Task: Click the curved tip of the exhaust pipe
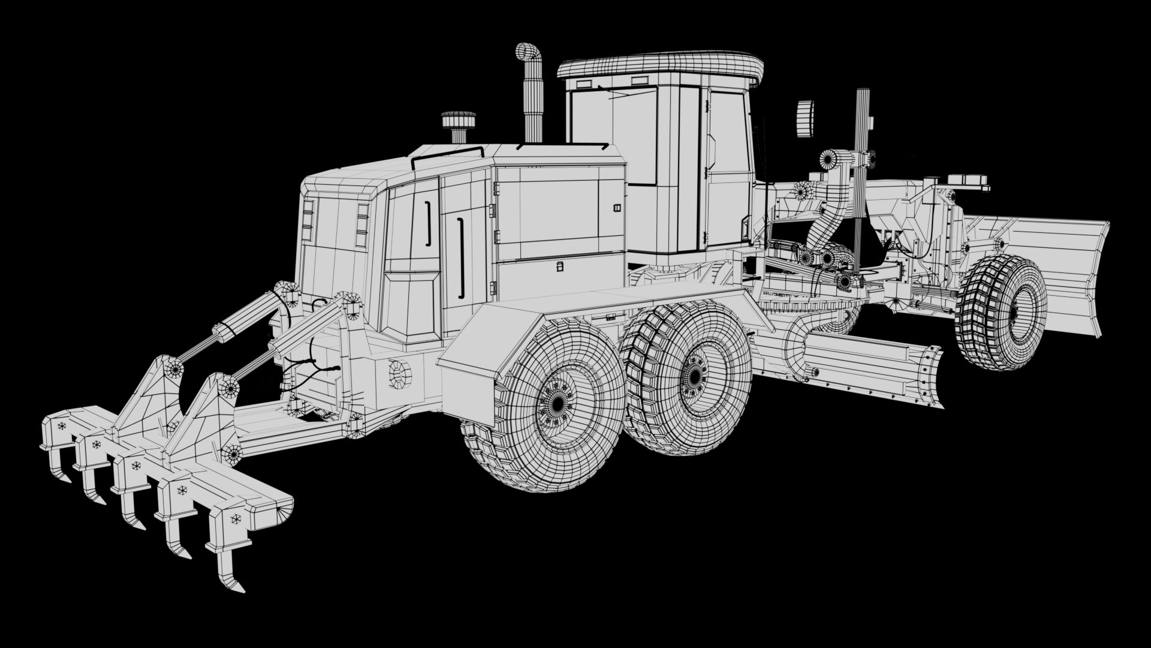click(529, 52)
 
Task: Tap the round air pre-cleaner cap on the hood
click(459, 121)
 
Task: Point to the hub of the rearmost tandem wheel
click(558, 403)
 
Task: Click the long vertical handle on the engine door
click(461, 258)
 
